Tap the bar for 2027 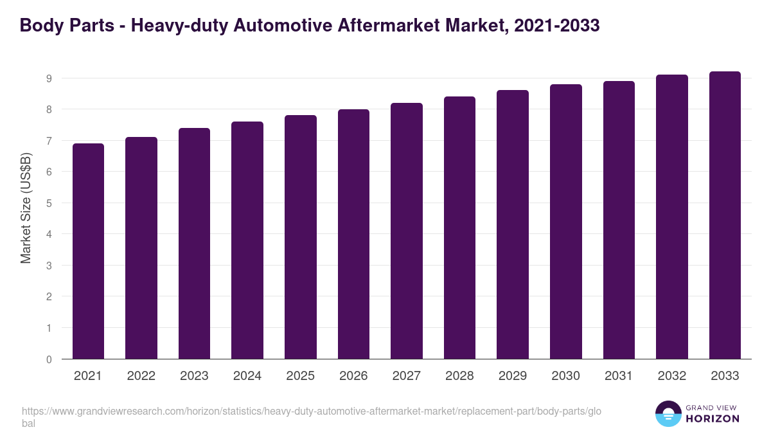(407, 231)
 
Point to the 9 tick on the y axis (48, 78)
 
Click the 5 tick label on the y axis (48, 203)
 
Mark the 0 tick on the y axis (48, 359)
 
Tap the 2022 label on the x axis (141, 376)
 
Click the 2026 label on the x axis (353, 376)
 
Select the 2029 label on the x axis (513, 376)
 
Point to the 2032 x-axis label (671, 376)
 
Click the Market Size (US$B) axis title (26, 208)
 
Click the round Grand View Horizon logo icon (668, 413)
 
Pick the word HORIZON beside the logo (712, 419)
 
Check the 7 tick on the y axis (48, 141)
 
